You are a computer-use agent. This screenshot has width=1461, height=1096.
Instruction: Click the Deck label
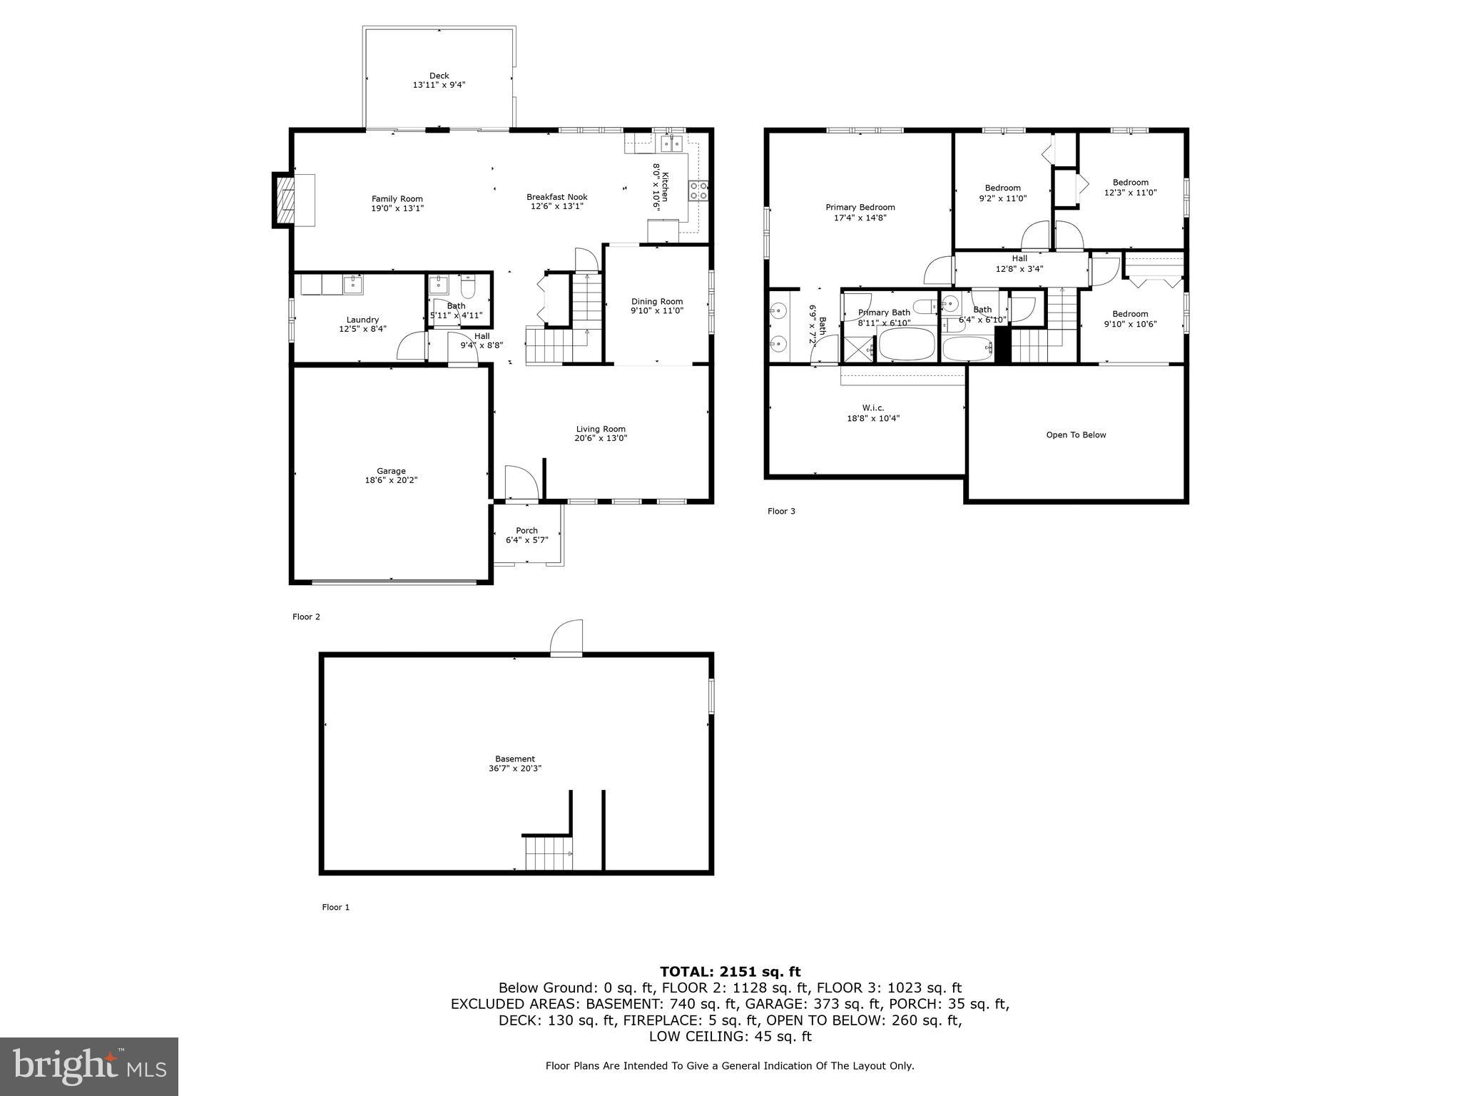pyautogui.click(x=439, y=76)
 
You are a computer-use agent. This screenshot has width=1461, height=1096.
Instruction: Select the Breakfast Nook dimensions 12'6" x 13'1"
pyautogui.click(x=556, y=206)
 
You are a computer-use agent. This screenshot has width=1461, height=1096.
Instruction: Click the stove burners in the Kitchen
pyautogui.click(x=698, y=190)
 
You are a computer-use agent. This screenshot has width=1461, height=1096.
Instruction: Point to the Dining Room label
pyautogui.click(x=656, y=301)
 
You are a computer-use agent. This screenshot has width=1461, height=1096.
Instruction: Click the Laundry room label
pyautogui.click(x=362, y=320)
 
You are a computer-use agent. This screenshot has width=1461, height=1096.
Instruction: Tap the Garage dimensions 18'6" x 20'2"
pyautogui.click(x=391, y=480)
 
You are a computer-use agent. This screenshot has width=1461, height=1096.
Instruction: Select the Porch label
pyautogui.click(x=526, y=530)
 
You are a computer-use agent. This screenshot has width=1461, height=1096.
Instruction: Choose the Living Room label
pyautogui.click(x=601, y=429)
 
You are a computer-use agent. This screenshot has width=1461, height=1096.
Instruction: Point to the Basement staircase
pyautogui.click(x=549, y=854)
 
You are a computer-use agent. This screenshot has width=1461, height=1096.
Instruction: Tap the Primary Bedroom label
pyautogui.click(x=860, y=208)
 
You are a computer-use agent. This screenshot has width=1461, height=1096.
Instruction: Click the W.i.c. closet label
pyautogui.click(x=872, y=408)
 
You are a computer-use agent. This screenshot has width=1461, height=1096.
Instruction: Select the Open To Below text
pyautogui.click(x=1075, y=435)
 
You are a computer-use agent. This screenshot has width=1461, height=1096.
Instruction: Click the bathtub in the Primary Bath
pyautogui.click(x=906, y=345)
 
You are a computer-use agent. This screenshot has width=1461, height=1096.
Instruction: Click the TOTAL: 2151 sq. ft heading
pyautogui.click(x=730, y=971)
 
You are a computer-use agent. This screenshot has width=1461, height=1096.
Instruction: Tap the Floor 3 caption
pyautogui.click(x=780, y=511)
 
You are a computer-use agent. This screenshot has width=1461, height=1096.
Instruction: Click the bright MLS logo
pyautogui.click(x=89, y=1067)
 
